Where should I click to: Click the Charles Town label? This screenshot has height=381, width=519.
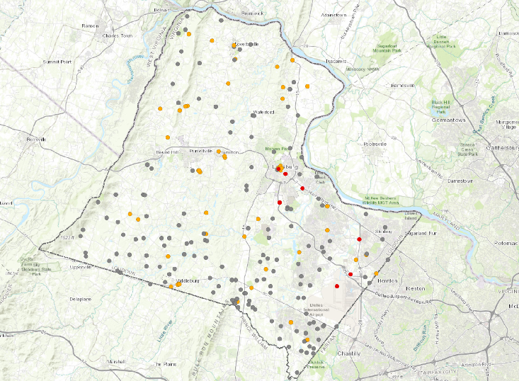[x=118, y=35]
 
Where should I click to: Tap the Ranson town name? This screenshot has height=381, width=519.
[x=90, y=25]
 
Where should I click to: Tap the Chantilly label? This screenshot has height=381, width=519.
[x=349, y=353]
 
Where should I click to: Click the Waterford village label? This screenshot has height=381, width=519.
[x=263, y=113]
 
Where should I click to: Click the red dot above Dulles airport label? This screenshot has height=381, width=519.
[x=337, y=286]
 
